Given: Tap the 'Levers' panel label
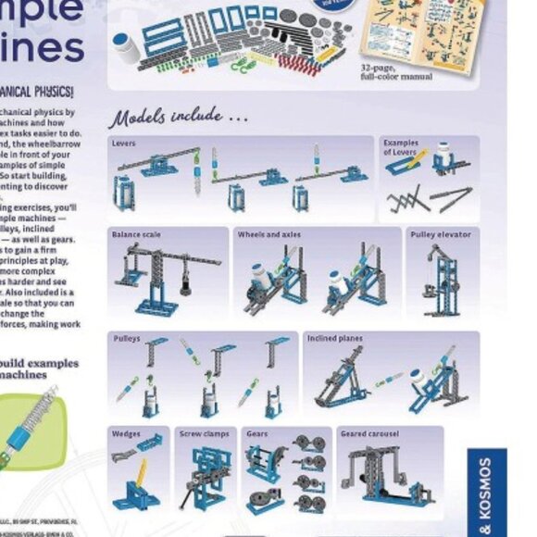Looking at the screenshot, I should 123,144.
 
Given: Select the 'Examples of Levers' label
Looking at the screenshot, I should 401,147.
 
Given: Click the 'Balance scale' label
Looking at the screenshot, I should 136,234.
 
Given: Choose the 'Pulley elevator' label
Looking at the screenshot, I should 440,234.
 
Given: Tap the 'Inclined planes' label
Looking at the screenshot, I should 335,339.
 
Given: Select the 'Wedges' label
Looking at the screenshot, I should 126,432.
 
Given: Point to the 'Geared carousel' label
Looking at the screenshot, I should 368,432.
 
